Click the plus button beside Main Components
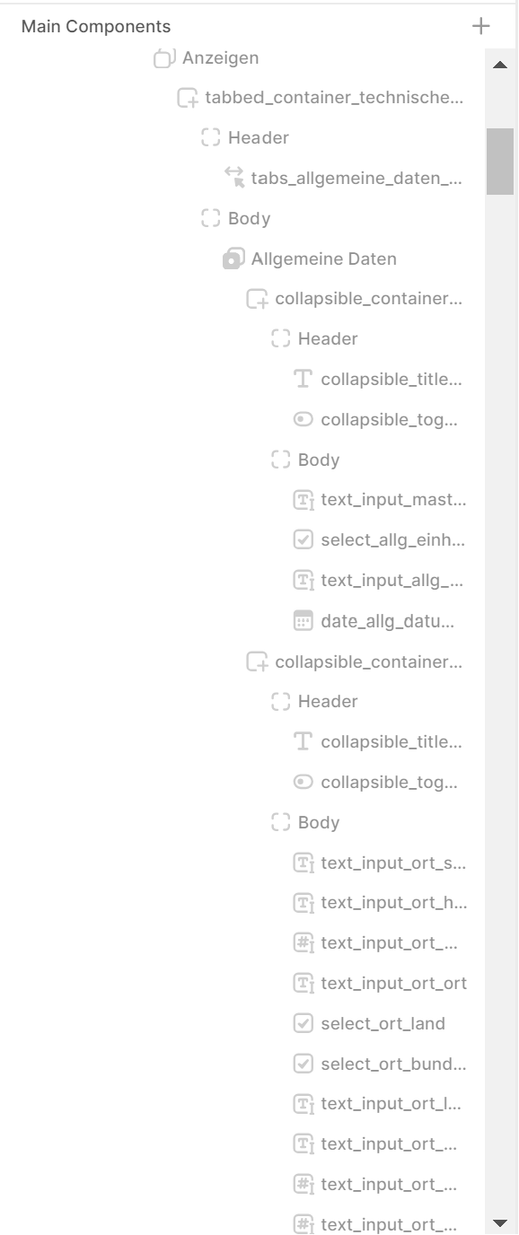click(481, 26)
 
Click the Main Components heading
click(96, 26)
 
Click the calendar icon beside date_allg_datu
click(303, 620)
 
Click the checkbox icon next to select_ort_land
click(303, 1023)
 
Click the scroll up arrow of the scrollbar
click(500, 65)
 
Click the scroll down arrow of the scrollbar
click(500, 1223)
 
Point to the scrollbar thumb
click(500, 161)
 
